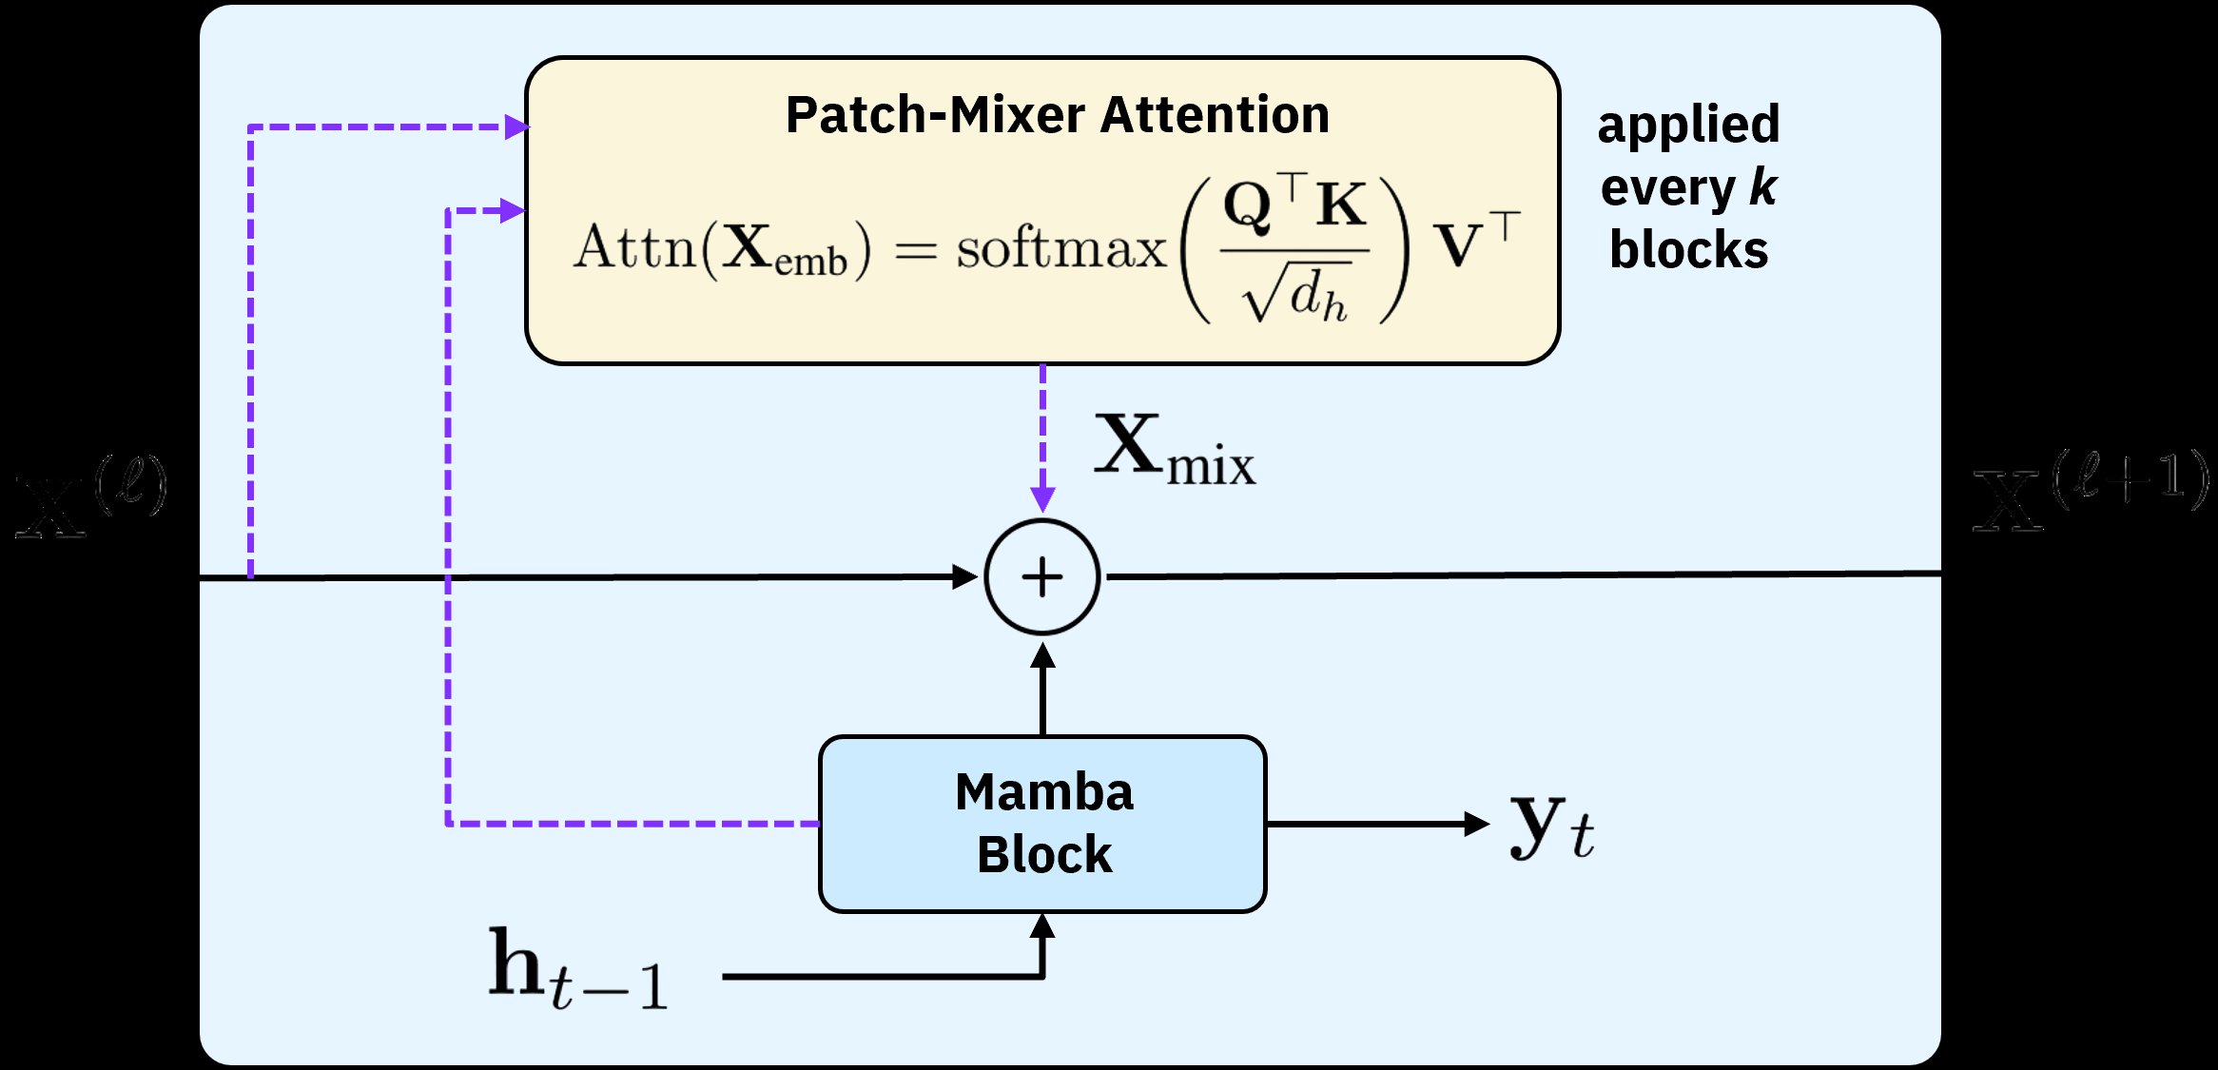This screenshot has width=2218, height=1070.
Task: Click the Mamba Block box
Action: (1042, 824)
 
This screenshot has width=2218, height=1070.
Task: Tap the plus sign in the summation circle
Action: (1042, 577)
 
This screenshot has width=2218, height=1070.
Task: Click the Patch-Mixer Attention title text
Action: (1057, 115)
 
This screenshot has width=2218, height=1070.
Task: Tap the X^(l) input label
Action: (91, 497)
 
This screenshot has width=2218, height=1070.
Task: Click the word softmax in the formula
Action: (1060, 249)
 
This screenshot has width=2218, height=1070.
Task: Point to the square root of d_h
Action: (1294, 296)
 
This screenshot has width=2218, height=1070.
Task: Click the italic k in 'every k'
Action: (1762, 187)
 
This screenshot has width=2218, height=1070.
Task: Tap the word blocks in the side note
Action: (1688, 250)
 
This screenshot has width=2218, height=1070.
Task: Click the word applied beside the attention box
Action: (1688, 125)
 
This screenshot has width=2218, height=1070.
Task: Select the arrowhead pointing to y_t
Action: (1476, 824)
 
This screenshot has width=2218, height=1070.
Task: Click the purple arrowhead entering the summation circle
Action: (1042, 498)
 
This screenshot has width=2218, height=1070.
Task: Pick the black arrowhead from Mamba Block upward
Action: (1042, 656)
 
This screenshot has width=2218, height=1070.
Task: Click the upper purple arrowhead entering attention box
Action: (516, 126)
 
